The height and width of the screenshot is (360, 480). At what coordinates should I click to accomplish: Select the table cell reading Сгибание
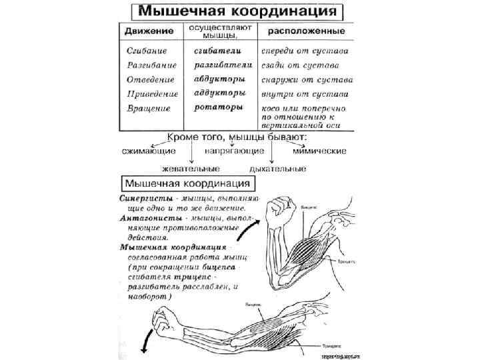pos(146,51)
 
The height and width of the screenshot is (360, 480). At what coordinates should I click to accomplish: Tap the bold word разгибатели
pos(223,65)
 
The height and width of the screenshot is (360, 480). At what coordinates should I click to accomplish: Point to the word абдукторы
pos(219,79)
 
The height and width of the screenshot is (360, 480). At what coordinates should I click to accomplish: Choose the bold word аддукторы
pos(219,93)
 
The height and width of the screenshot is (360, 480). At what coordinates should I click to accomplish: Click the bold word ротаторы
pos(216,107)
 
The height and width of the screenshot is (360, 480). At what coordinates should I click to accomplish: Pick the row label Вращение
pos(148,107)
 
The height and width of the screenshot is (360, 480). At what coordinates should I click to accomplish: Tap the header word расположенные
pos(306,31)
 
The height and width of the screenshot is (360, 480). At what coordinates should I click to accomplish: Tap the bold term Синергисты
pos(147,198)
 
